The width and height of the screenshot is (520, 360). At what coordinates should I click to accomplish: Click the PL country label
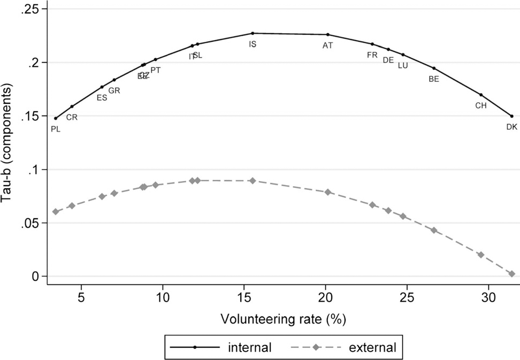click(55, 129)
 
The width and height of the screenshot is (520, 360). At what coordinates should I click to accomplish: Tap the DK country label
click(511, 127)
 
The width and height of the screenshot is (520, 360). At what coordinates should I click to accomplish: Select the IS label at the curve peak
click(253, 44)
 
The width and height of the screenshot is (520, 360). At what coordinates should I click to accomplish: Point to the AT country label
click(327, 45)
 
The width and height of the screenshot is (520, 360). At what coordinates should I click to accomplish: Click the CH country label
click(481, 105)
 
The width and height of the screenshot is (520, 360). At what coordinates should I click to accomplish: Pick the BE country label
click(434, 79)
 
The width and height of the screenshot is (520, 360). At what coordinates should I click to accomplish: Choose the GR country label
click(114, 90)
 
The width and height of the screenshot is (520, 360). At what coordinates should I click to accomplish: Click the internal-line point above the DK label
click(512, 116)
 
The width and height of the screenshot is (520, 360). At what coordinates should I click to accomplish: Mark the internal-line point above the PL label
click(56, 118)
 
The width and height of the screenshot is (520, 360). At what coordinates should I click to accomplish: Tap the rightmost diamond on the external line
click(512, 274)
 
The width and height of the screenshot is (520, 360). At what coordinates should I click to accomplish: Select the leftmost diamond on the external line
click(56, 212)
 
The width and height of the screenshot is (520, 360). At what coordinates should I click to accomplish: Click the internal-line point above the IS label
click(253, 33)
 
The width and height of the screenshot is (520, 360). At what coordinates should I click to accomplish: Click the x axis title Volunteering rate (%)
click(282, 319)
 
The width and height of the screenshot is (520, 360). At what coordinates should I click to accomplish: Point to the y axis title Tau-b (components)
click(9, 145)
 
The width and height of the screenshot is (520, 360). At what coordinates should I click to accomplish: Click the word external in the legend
click(372, 348)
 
